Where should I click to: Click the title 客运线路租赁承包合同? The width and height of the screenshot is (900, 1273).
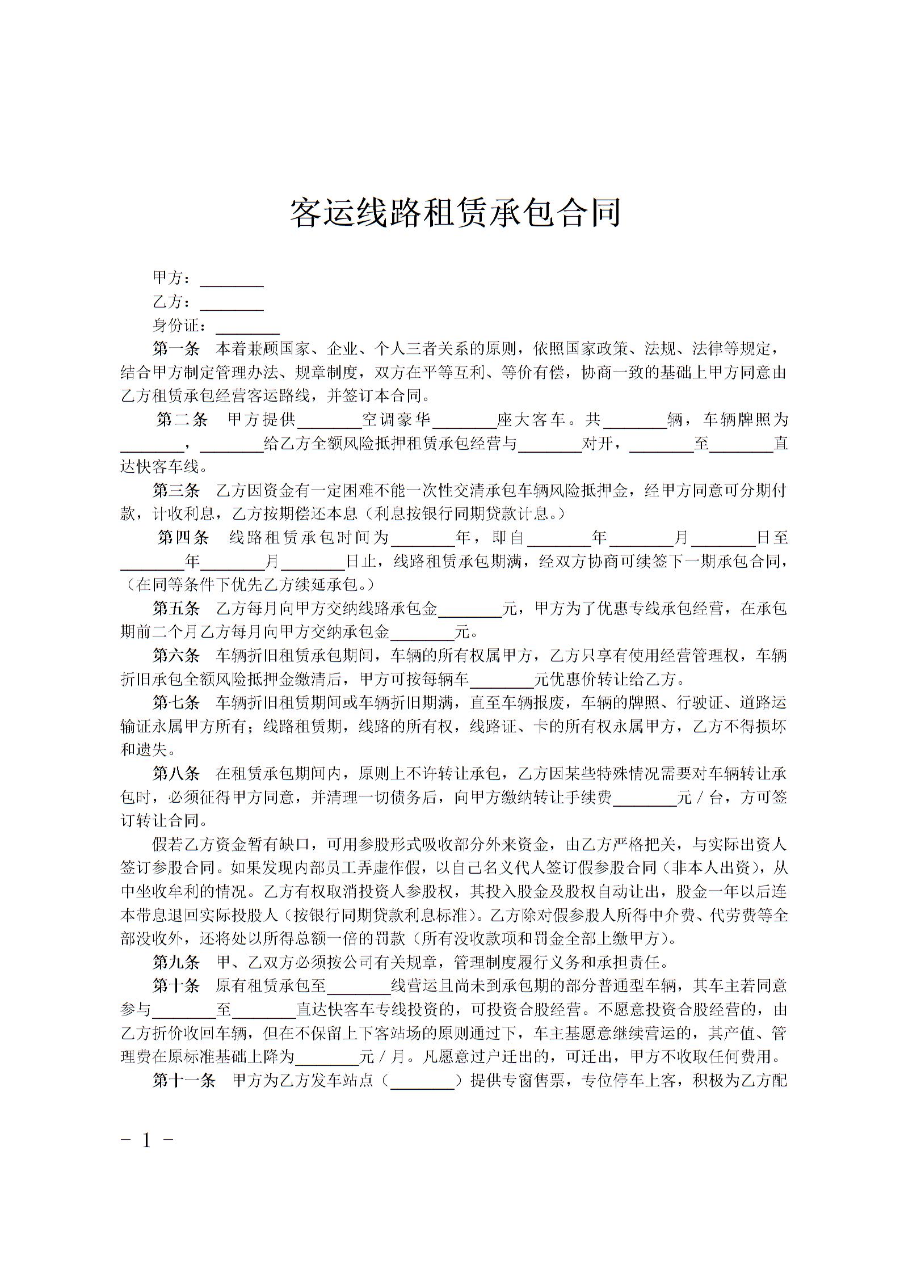pos(455,213)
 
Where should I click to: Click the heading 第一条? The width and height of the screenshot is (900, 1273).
pos(176,348)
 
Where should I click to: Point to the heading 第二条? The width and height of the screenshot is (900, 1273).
pos(182,420)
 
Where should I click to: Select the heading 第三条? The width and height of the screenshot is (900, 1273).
pos(176,491)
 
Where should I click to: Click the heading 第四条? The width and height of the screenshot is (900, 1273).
pos(183,537)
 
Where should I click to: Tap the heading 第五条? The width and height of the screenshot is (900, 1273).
pos(176,609)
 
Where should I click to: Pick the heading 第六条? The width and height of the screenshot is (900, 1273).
pos(176,656)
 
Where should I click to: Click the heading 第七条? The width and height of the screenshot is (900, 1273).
pos(176,703)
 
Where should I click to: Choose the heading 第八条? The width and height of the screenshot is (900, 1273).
pos(176,773)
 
